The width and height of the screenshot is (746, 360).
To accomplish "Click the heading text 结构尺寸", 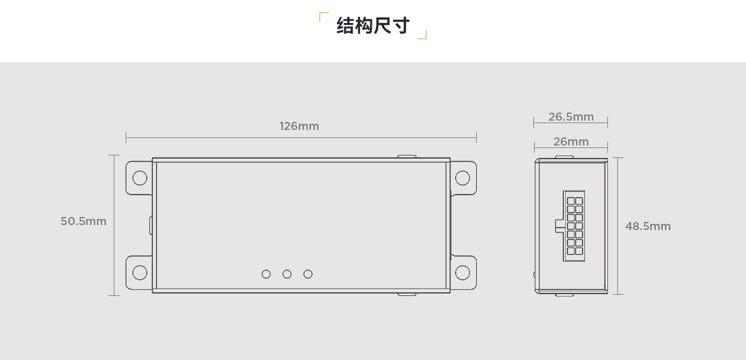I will coord(373,25).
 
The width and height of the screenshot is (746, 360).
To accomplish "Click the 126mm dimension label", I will coord(299,126).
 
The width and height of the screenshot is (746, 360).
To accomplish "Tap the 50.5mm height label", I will coord(83,221).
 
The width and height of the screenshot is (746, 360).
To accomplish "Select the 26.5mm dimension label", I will coord(571,117).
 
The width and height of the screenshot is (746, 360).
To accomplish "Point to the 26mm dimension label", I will coord(571,142).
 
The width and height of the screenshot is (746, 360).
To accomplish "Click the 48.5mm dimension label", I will coord(648,226).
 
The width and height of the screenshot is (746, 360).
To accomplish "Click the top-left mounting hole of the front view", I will coord(140,178).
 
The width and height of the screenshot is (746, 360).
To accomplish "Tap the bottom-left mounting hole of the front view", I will coord(140,272).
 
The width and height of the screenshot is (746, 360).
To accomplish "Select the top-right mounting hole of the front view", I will coord(462,178).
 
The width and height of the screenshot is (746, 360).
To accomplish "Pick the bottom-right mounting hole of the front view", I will coord(462,272).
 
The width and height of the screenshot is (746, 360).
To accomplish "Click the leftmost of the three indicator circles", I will coord(266,274).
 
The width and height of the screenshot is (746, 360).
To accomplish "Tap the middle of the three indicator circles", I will coord(287,274).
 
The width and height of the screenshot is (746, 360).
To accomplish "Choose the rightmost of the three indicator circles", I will coord(308,274).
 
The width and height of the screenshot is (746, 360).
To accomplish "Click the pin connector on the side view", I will coord(575,226).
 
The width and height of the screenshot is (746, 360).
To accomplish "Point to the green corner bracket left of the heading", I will coord(323,16).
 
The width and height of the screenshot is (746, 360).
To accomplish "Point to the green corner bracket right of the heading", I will coord(423,35).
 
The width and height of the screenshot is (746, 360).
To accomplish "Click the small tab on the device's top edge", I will coord(407,157).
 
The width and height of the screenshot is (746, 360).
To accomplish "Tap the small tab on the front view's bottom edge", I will coord(407,294).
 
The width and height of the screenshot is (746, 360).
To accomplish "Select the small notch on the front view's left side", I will coord(150,225).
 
